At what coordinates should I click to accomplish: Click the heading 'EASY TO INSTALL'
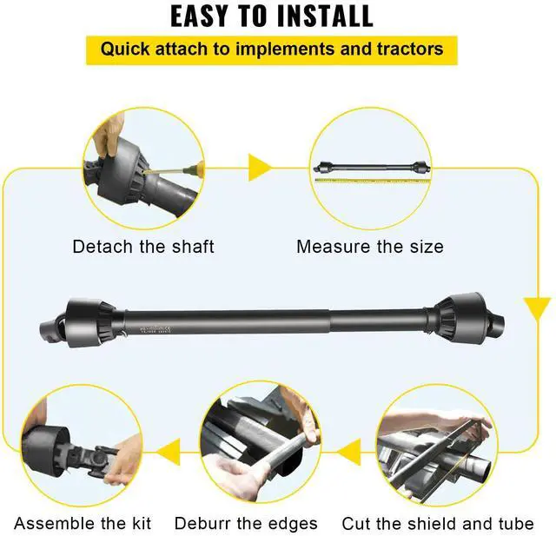(271, 16)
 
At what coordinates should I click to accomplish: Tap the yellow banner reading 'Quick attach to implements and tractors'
(271, 48)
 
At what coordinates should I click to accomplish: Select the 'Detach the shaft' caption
(143, 247)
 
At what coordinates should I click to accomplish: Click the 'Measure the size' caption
(370, 247)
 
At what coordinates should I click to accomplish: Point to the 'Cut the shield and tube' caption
(438, 523)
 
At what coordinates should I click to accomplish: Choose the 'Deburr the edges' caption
(246, 523)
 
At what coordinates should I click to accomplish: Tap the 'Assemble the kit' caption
(83, 523)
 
